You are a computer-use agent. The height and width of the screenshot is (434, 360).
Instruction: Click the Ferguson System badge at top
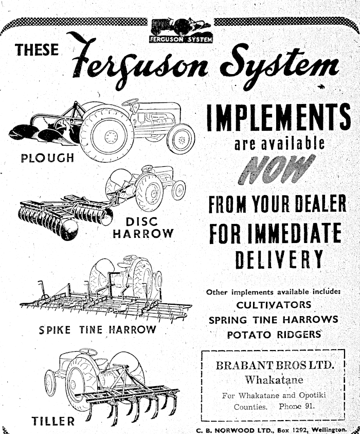click(x=180, y=31)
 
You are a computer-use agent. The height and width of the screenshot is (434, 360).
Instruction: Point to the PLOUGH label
click(x=47, y=157)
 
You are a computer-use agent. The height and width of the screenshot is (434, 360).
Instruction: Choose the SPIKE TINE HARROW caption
click(x=97, y=329)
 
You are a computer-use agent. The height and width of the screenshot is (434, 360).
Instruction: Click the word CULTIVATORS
click(x=274, y=305)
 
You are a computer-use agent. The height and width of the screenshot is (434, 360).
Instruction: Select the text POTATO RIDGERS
click(x=275, y=334)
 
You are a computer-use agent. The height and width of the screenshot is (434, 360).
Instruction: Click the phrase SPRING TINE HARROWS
click(x=274, y=319)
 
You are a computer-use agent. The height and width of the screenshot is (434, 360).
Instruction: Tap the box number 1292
click(x=283, y=429)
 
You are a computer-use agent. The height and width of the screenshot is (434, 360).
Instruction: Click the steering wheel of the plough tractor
click(x=130, y=102)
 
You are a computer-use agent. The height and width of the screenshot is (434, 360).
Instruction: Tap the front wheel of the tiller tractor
click(x=50, y=383)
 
